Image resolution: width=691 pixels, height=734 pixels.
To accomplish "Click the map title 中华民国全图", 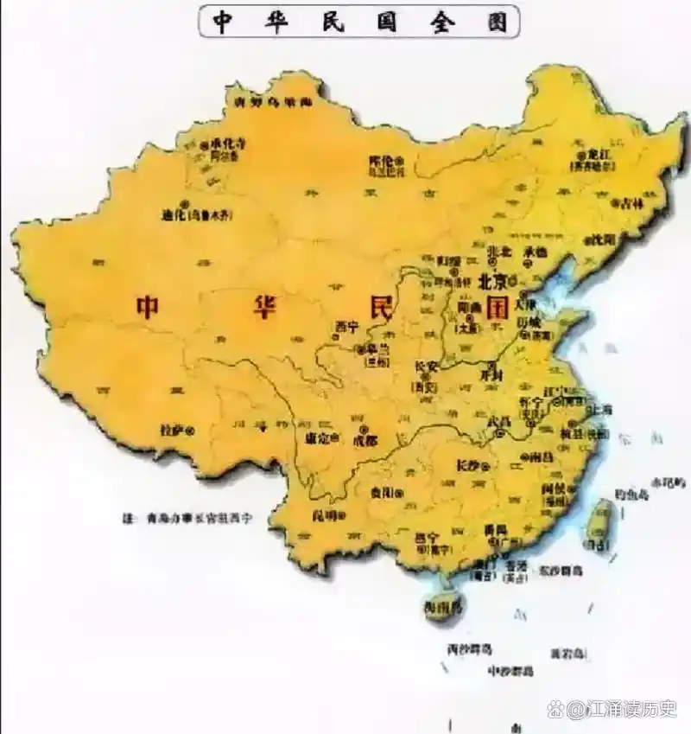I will click(358, 21).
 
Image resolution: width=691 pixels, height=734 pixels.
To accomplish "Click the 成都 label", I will click(365, 440).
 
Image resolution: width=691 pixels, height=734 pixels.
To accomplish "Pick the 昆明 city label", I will click(323, 516).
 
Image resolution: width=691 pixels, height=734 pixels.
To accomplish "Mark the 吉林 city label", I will click(632, 204).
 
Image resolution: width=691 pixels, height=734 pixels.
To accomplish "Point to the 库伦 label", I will click(381, 160).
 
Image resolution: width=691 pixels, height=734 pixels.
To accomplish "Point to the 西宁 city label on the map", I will click(346, 326).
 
